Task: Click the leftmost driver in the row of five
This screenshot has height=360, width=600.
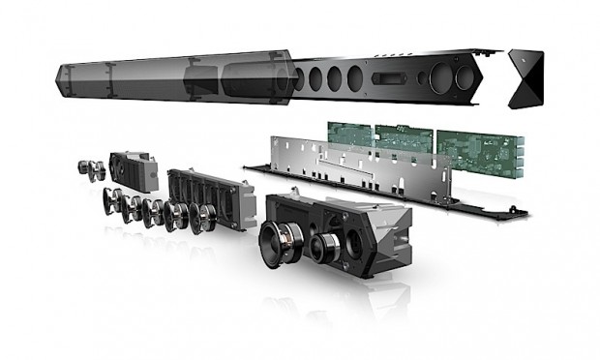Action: tap(112, 201)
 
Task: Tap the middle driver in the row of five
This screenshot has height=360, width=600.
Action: tap(155, 211)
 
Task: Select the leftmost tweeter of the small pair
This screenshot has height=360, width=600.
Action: tap(84, 166)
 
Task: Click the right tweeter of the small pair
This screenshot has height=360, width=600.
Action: tap(100, 171)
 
